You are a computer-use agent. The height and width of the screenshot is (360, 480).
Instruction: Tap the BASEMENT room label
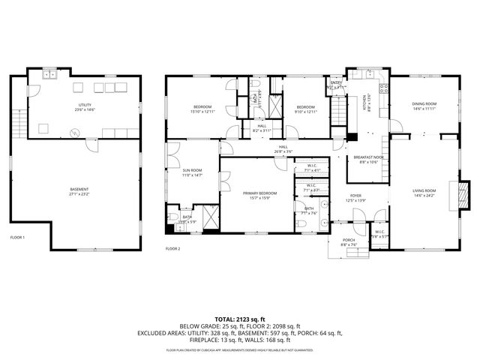[x=79, y=189]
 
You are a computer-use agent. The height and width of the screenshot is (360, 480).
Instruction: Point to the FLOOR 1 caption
[x=17, y=238]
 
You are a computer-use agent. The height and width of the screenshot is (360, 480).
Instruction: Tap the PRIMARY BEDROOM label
[x=259, y=193]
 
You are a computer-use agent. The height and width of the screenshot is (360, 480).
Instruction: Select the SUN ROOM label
[x=192, y=171]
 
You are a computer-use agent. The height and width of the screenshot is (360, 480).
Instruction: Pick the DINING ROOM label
[x=424, y=104]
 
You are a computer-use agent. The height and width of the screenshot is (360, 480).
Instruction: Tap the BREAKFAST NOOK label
[x=368, y=157]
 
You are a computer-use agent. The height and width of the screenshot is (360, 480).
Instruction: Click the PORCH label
[x=349, y=241]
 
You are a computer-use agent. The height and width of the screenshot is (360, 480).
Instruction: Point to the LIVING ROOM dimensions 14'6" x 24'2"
[x=424, y=196]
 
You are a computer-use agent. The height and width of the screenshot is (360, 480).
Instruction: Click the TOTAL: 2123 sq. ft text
[x=240, y=319]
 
